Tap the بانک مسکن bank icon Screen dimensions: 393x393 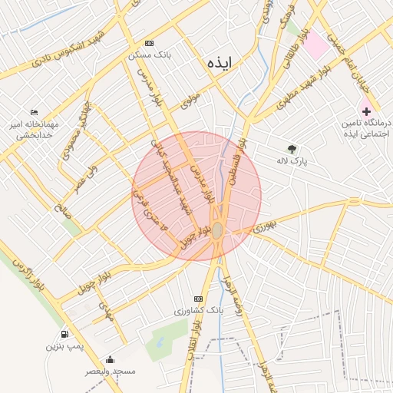[149, 44]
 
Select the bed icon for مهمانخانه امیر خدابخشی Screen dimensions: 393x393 [34, 112]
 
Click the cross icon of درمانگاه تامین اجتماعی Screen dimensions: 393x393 [366, 112]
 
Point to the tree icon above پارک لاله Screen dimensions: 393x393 [292, 149]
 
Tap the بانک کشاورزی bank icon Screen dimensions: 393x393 [199, 299]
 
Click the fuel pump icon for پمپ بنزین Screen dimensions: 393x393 [64, 335]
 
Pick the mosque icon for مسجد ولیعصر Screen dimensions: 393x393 [111, 359]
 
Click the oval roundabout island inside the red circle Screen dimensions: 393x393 [218, 230]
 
